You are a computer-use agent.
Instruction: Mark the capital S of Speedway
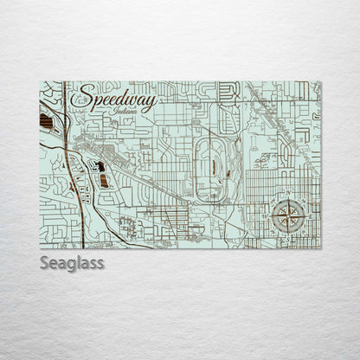(x=80, y=103)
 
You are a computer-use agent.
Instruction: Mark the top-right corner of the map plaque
(x=320, y=81)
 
